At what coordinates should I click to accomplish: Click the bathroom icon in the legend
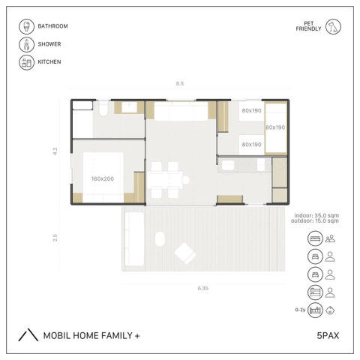coord(26,26)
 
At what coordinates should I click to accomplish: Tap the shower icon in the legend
coord(26,44)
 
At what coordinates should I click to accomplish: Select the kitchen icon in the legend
coord(26,62)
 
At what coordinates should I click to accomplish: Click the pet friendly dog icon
coord(333,26)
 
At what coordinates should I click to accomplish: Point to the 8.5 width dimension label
coord(180,83)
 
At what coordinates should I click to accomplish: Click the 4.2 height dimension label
coord(55,151)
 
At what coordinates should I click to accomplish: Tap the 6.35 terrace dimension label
coord(203,288)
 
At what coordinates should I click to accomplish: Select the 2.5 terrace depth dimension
coord(55,238)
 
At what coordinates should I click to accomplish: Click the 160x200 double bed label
coord(103,178)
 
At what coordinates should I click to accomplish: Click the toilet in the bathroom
coord(103,109)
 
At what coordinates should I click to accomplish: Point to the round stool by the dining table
coord(185,180)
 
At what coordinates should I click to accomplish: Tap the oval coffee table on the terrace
coord(160,239)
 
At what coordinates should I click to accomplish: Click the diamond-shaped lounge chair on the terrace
coord(185,253)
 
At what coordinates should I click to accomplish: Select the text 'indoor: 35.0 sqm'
coord(316,215)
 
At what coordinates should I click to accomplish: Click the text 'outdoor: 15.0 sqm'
coord(315,220)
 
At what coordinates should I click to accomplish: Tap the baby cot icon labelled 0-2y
coord(315,310)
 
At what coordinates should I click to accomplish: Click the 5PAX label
coord(328,335)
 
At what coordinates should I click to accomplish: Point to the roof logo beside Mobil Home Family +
coord(28,334)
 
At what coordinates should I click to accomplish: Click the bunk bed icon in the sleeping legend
coord(315,292)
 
